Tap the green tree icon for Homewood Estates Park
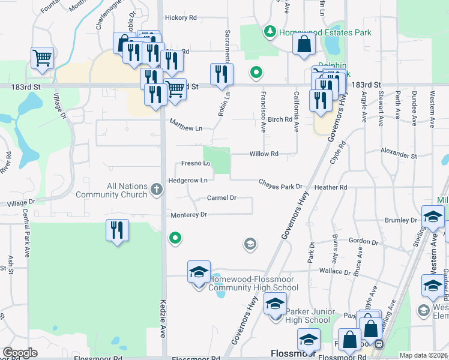point(271,31)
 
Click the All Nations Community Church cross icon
point(157,190)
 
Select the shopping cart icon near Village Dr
point(42,58)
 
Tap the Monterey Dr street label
point(188,214)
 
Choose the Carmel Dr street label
point(221,197)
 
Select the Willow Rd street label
point(264,154)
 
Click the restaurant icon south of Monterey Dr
point(116,230)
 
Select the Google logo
point(20,352)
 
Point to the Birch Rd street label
point(280,119)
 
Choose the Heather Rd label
point(331,187)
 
